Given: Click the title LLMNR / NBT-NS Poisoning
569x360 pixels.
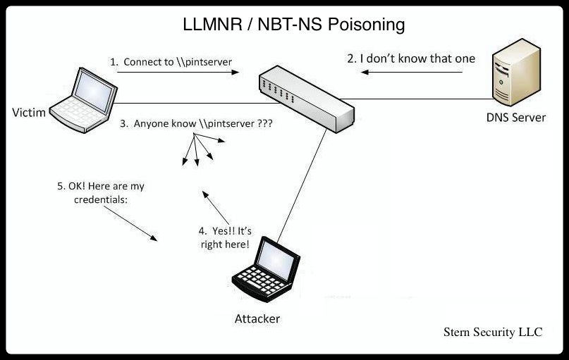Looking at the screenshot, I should point(290,25).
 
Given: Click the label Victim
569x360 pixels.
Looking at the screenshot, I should point(28,112).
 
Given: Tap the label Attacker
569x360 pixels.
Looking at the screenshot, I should point(257,318).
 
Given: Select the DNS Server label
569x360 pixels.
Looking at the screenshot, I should point(515,117).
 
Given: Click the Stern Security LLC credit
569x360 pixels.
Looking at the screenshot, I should point(493,332).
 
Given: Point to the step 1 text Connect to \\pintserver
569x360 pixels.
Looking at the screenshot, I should point(171,62).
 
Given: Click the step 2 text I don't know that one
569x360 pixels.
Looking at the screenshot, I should point(411,58).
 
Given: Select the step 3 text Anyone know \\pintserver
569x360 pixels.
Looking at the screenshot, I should point(197,123).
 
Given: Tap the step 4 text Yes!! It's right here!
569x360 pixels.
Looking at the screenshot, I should point(224,237).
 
